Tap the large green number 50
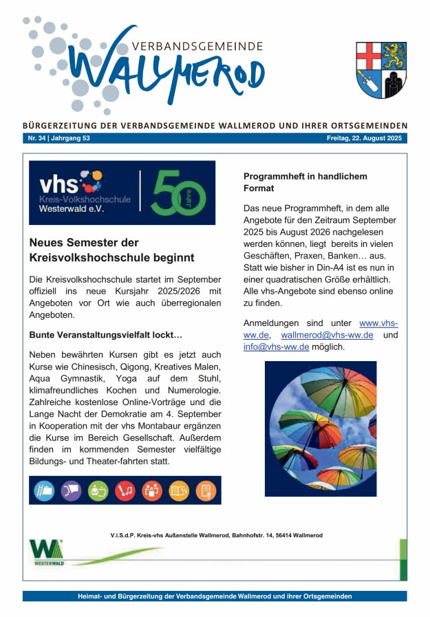(178, 193)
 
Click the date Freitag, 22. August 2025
(366, 138)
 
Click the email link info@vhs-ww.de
(276, 347)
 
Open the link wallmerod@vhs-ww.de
(327, 335)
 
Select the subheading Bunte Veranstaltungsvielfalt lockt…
(105, 335)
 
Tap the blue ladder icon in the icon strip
(44, 490)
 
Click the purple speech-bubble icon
(71, 490)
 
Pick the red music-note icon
(125, 490)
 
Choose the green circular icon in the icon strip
(98, 490)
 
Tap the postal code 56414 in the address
(282, 535)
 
